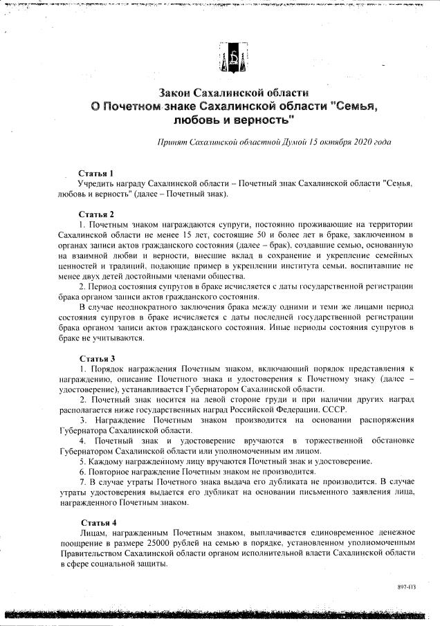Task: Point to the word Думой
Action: [278, 142]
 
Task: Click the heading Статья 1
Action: [95, 173]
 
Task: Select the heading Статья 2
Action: [96, 214]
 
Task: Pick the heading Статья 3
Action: [96, 358]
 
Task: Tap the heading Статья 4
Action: [98, 522]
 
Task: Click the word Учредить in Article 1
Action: [100, 184]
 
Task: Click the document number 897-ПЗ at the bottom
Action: [406, 587]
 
